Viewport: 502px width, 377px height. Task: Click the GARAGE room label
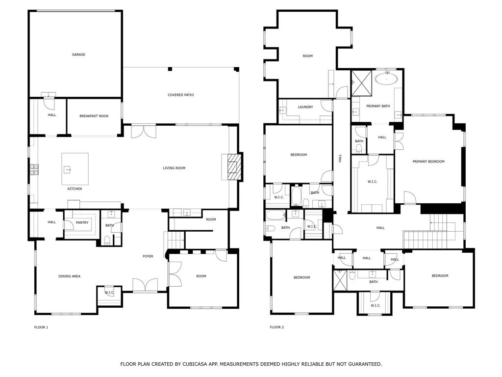[x=78, y=54]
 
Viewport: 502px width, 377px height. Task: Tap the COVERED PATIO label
[x=180, y=95]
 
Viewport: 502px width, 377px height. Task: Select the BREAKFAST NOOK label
[x=94, y=116]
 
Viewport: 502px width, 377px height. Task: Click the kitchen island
[x=75, y=168]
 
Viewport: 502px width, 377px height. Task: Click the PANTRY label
[x=82, y=222]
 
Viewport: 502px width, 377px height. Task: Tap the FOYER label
[x=148, y=256]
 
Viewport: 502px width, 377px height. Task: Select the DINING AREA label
[x=69, y=276]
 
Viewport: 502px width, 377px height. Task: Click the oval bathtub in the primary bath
[x=386, y=79]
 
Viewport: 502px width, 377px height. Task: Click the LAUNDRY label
[x=305, y=107]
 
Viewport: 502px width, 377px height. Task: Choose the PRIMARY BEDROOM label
[x=428, y=162]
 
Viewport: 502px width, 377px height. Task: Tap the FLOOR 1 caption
[x=41, y=327]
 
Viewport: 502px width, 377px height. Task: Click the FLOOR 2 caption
[x=276, y=327]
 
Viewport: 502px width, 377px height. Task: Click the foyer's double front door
[x=145, y=286]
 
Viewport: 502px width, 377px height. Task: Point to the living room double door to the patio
[x=144, y=131]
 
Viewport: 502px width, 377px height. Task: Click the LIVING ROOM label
[x=174, y=168]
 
